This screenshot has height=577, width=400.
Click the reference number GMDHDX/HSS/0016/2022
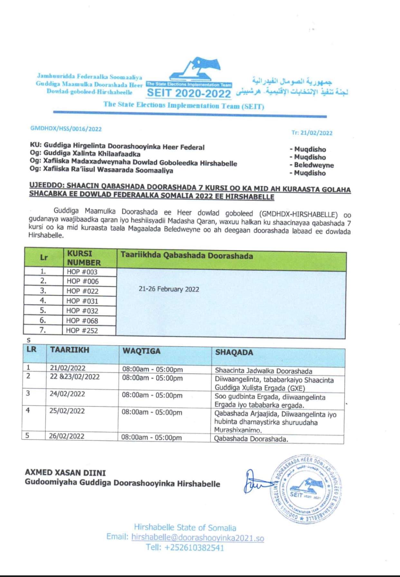66,129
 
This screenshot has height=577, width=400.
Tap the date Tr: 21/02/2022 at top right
312,133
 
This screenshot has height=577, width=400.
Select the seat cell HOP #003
82,272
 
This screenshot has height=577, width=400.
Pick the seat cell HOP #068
82,321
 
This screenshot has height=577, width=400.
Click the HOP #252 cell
82,331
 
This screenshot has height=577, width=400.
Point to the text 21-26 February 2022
169,289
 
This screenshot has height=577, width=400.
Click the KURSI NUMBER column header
84,258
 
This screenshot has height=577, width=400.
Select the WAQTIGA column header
141,351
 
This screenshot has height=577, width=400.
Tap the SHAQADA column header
234,352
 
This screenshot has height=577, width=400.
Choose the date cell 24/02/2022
67,394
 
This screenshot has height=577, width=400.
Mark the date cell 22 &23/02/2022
75,377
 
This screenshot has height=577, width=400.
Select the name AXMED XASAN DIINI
65,473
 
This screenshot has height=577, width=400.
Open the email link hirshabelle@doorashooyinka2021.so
198,538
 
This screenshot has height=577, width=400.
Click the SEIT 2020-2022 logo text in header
189,93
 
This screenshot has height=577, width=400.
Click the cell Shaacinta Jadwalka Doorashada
263,371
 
